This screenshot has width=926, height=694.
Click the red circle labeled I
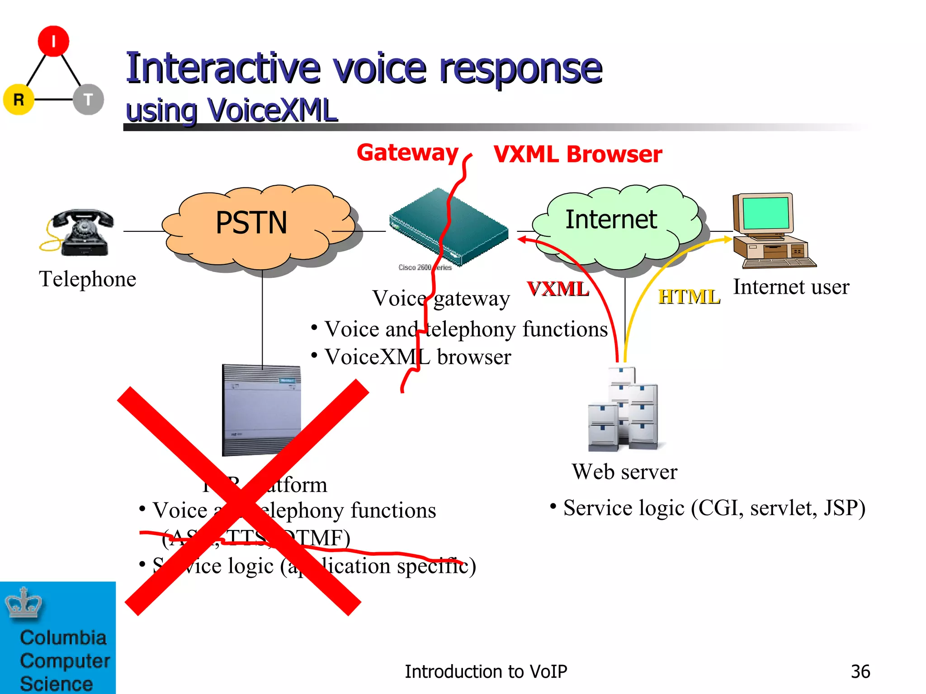pos(53,41)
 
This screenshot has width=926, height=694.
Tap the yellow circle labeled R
pos(19,99)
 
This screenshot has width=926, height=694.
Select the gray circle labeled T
pos(88,99)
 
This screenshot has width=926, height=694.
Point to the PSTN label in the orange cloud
pos(251,223)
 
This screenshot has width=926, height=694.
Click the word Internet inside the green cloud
pos(611,220)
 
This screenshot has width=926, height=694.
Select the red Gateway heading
pos(407,153)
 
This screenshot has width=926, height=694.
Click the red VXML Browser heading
pos(578,155)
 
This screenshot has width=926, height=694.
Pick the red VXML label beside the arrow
pos(558,289)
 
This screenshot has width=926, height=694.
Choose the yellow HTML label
pos(689,297)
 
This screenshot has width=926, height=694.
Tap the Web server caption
pos(624,472)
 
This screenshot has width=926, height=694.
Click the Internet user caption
pos(791,287)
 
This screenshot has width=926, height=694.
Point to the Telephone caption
pos(87,279)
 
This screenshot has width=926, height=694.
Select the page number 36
pos(860,672)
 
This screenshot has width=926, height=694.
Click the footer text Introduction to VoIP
pos(486,672)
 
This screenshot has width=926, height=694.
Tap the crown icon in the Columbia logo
pos(24,603)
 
